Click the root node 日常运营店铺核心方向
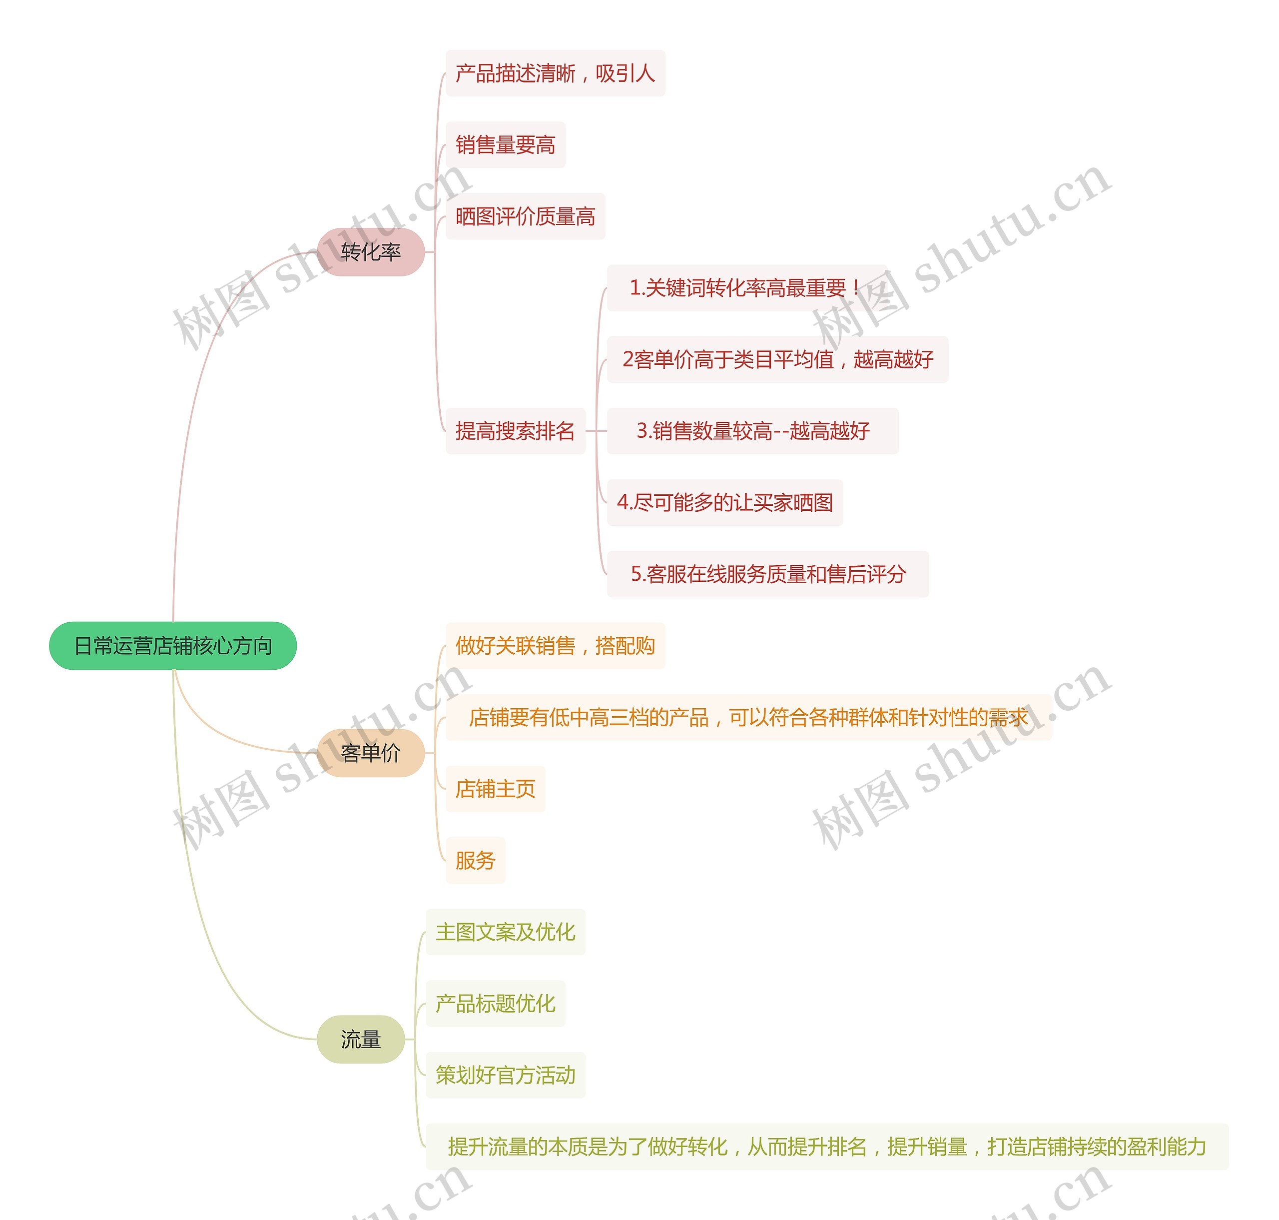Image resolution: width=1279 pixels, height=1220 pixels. point(173,646)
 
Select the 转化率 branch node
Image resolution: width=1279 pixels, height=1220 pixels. point(371,252)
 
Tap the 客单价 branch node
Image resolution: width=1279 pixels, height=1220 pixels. point(371,753)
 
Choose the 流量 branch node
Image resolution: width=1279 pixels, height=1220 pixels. point(361,1039)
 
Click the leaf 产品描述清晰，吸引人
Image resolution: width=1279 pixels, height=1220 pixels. point(555,73)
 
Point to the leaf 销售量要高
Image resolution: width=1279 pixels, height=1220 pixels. point(505,145)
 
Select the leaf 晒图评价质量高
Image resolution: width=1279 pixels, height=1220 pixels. point(526,216)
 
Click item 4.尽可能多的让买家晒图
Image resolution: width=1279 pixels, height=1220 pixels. point(725,503)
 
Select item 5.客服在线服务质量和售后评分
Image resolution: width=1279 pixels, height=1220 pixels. point(768,574)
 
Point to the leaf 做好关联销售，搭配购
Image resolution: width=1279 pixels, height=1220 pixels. point(555,646)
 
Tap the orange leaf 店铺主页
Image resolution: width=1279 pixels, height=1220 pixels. point(496,789)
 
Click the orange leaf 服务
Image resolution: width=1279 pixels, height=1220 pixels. point(475,860)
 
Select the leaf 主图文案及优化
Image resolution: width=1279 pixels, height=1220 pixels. point(505,932)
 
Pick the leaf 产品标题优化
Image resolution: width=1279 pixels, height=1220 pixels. point(496,1004)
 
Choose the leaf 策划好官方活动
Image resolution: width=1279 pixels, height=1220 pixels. point(505,1075)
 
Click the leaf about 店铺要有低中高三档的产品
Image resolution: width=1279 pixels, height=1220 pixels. point(748,717)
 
